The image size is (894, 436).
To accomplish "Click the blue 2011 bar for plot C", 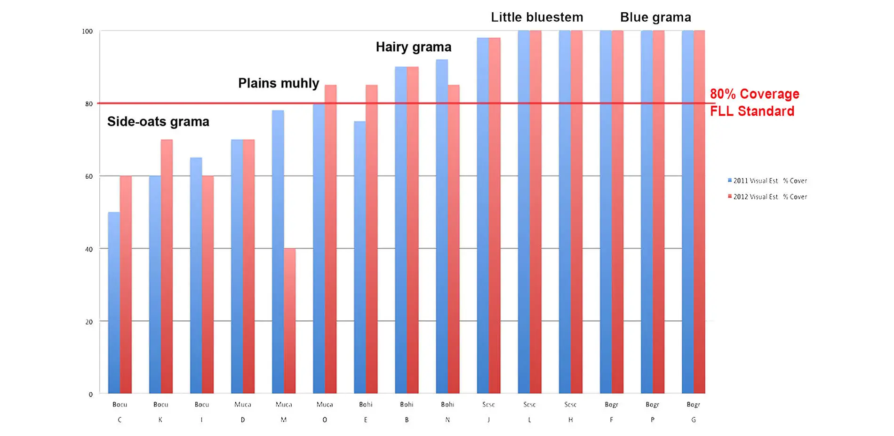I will tap(114, 303).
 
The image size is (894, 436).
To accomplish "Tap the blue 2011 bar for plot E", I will tap(359, 257).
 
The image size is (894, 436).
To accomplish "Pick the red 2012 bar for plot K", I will tap(167, 266).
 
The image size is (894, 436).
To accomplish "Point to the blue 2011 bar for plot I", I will tap(196, 276).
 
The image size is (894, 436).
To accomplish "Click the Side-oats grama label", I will tap(158, 122).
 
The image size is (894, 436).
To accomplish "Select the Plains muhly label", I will tap(279, 83).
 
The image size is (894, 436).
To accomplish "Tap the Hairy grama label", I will tap(413, 47).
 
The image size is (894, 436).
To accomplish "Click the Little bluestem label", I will tap(537, 17).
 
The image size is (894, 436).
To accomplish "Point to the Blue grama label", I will tap(655, 17).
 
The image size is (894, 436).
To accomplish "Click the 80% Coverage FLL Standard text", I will tap(754, 103).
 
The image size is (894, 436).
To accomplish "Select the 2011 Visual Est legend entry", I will tap(767, 181).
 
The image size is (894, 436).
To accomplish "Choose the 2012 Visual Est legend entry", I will tap(767, 197).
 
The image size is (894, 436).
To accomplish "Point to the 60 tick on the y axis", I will tap(89, 176).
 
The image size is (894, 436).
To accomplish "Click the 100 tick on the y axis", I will tap(88, 31).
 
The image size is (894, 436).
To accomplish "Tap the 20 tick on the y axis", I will tap(89, 322).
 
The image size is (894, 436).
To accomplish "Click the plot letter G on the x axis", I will tap(693, 420).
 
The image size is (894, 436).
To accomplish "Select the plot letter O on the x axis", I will tap(325, 420).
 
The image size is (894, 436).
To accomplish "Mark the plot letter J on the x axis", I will tap(488, 420).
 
